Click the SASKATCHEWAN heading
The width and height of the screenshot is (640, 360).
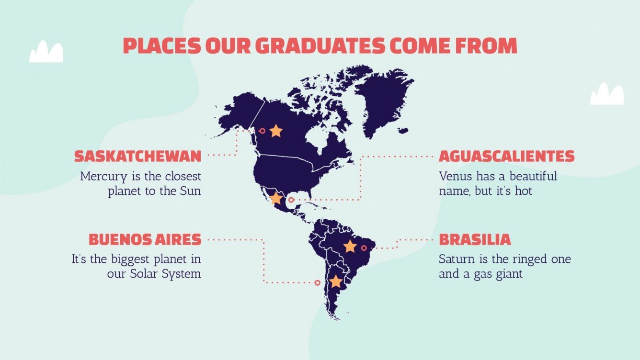(137, 156)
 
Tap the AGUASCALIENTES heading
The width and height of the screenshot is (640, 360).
(506, 156)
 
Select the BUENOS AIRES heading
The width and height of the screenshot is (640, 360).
(145, 239)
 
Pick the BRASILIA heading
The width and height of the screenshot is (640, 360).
(475, 239)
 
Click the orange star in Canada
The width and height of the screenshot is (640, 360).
(276, 131)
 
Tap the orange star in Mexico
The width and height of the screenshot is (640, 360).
(276, 198)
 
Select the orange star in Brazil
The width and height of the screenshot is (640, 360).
(350, 247)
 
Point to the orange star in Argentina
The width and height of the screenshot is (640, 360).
(336, 281)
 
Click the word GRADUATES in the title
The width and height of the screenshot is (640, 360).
(320, 46)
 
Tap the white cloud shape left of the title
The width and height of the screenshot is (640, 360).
(46, 52)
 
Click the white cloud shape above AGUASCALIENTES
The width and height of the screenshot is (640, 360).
(606, 94)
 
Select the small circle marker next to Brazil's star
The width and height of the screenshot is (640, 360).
(364, 248)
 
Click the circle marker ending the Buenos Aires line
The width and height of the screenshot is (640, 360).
(317, 283)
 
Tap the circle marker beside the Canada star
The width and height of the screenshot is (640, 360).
(262, 130)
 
